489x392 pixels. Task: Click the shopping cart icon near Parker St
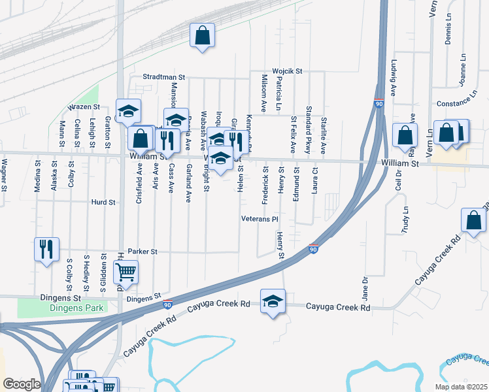coord(125,270)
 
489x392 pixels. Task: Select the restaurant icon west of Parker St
coord(46,249)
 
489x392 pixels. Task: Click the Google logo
coord(22,384)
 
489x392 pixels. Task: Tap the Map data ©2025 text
coord(461,387)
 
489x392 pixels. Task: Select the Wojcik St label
coord(286,71)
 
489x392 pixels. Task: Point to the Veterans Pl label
coord(260,219)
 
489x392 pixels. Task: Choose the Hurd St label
coord(103,203)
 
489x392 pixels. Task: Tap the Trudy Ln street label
coord(405,220)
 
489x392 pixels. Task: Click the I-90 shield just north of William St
coord(379,103)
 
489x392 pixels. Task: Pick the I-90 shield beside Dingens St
coord(168,304)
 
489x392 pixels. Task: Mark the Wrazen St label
coord(84,106)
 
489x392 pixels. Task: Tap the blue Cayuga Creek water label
coord(466,360)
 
